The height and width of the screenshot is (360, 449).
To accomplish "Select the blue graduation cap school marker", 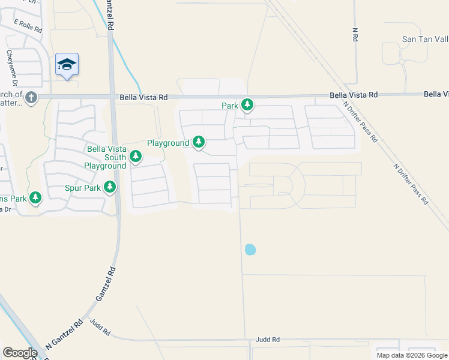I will [67, 64].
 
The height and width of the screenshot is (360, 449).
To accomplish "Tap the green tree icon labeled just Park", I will [247, 106].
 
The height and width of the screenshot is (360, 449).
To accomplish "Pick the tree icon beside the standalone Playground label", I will [199, 143].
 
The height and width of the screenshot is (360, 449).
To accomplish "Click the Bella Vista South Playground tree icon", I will [136, 157].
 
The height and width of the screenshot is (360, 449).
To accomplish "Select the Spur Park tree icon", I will [109, 188].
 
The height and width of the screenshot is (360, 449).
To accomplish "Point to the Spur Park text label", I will [83, 188].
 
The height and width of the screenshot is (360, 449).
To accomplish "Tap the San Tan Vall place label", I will [424, 39].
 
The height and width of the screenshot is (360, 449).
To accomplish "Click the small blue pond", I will [250, 248].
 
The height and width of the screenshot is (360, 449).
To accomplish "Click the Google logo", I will [20, 353].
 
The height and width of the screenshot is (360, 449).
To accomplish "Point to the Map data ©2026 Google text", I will [411, 355].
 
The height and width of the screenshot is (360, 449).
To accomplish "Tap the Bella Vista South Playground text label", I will [106, 157].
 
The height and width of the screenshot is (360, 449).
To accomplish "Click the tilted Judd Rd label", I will [100, 327].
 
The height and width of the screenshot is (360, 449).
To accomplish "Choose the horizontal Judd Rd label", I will [267, 340].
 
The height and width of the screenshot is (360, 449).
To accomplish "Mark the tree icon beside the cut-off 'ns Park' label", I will [35, 197].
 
